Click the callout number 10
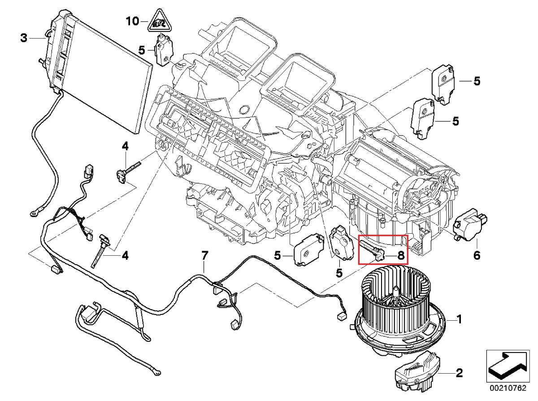132,21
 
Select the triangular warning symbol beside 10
156,21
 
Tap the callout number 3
24,39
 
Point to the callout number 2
459,373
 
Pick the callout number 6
476,255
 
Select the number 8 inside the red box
400,256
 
